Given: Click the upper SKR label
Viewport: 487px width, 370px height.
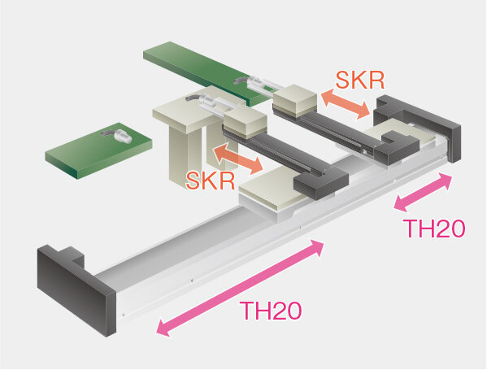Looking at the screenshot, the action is (360, 81).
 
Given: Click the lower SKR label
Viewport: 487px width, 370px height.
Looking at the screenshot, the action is (211, 181).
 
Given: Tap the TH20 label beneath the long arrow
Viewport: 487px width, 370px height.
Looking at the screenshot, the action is (271, 311).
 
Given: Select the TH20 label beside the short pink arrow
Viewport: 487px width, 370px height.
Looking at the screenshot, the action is (434, 229).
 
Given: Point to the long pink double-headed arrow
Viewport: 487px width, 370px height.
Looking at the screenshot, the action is (240, 288).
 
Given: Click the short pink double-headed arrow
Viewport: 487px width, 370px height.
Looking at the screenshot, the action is (423, 193).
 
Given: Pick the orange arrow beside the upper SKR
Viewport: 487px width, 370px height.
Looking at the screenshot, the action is (346, 104).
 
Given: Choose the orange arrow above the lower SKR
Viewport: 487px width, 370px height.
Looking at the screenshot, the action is (238, 157).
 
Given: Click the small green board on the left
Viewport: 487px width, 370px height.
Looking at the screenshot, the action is (98, 150).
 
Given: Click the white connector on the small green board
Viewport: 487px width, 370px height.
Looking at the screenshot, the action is (120, 136).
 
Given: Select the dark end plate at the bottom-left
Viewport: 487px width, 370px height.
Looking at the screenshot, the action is (76, 290).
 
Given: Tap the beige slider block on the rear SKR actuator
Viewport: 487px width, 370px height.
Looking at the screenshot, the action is (295, 100).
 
